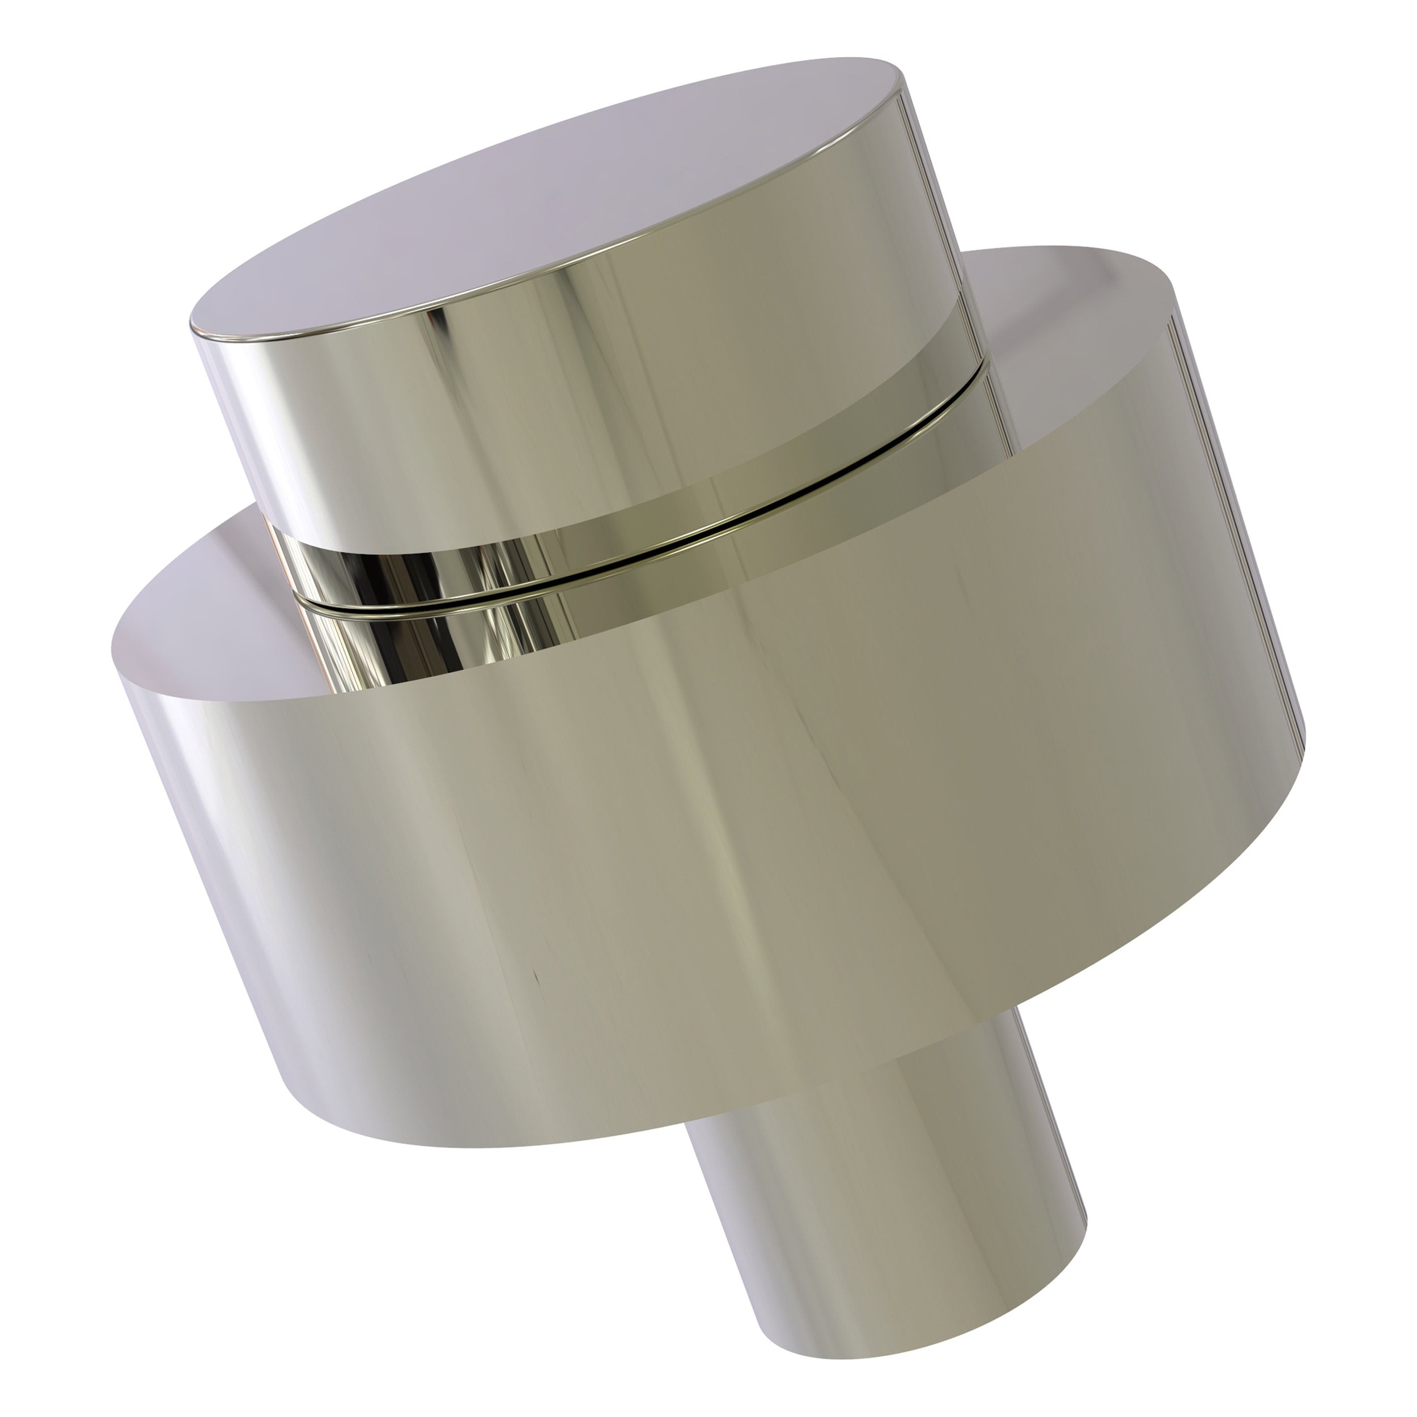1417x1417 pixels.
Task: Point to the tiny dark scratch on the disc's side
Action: click(537, 979)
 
